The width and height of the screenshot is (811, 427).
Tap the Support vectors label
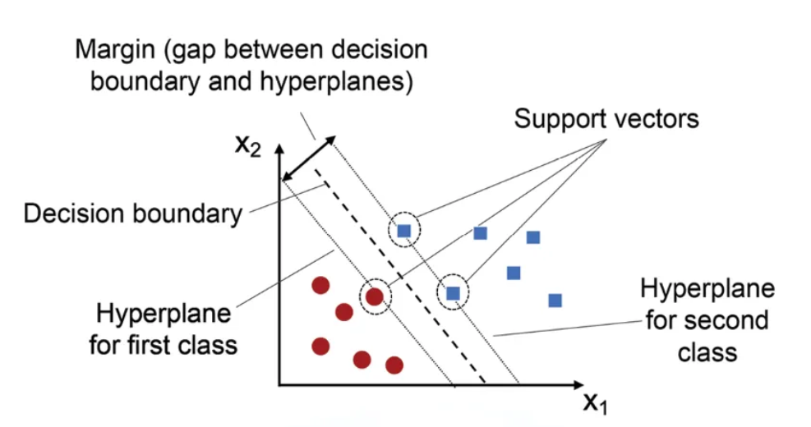click(606, 118)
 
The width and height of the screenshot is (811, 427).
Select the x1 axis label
click(597, 403)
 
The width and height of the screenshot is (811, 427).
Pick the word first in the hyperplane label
click(162, 342)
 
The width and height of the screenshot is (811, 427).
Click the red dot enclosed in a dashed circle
click(375, 296)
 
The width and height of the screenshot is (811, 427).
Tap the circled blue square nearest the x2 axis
click(403, 231)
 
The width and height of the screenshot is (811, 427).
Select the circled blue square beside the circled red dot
click(453, 292)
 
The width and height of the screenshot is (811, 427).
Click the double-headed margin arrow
click(308, 159)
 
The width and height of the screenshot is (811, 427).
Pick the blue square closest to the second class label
click(555, 300)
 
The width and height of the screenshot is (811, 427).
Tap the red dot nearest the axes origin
click(320, 346)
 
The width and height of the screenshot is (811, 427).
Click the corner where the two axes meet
click(279, 384)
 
